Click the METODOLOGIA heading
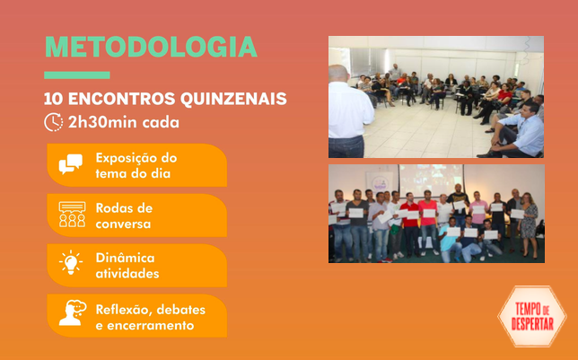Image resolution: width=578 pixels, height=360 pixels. pos(151,47)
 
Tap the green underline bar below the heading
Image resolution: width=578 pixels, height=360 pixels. pos(77,75)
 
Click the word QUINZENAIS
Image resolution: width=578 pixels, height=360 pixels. pos(233,99)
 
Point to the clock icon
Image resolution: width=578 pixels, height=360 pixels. pos(54,122)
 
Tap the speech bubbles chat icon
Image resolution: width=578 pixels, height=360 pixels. pos(71,164)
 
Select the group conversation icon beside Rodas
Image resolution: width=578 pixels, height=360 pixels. pos(72,215)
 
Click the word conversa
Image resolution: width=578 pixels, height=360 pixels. pos(123,224)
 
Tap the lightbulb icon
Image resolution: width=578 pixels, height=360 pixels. pos(71,263)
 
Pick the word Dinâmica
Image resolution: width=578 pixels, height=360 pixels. pos(125,258)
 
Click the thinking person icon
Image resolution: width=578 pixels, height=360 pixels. pos(72,312)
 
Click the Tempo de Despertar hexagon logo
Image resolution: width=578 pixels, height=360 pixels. pos(532,316)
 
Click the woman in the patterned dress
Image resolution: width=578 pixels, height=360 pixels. pos(529,225)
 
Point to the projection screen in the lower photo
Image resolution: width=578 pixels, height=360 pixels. pos(431,179)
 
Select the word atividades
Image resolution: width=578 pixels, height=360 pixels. pos(127,274)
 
